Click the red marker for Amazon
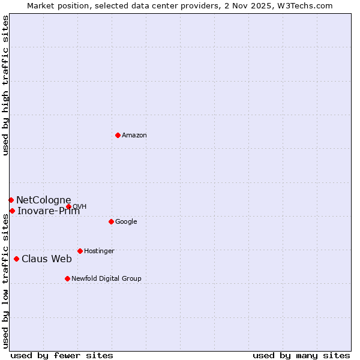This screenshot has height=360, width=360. click(x=118, y=135)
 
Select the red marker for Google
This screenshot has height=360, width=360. click(x=111, y=221)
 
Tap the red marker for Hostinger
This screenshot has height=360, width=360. click(x=80, y=251)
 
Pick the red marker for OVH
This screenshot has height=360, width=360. click(x=68, y=206)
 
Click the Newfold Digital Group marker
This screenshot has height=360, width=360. click(x=67, y=278)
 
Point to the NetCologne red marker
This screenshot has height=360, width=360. click(x=11, y=200)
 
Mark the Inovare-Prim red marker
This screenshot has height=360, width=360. click(x=12, y=211)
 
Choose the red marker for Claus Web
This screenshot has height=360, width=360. click(x=16, y=259)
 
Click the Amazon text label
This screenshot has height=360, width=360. click(x=134, y=136)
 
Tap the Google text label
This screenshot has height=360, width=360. click(x=126, y=222)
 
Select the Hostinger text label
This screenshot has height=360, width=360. click(x=99, y=251)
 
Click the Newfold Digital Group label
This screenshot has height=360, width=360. click(x=106, y=279)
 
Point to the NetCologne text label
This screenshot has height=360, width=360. click(x=43, y=200)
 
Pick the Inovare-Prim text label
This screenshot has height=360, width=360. click(x=48, y=211)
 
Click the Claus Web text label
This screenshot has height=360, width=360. click(x=47, y=259)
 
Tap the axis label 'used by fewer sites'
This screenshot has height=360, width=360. click(x=62, y=356)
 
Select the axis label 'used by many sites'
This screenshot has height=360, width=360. click(x=301, y=356)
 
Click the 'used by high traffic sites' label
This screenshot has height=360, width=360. click(x=6, y=85)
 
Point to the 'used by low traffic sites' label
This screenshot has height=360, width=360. click(x=6, y=281)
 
